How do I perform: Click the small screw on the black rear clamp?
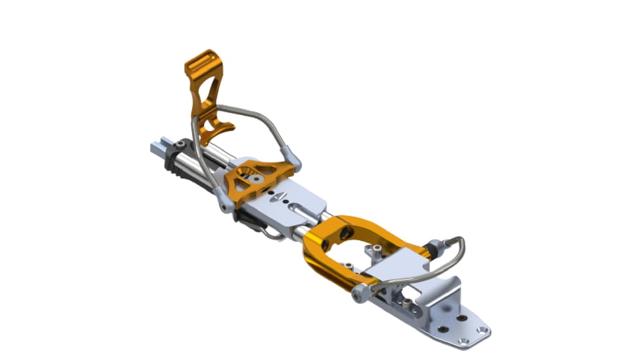point(179,145)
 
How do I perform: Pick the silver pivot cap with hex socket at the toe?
point(358,296)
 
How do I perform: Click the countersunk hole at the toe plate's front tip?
point(482,330)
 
